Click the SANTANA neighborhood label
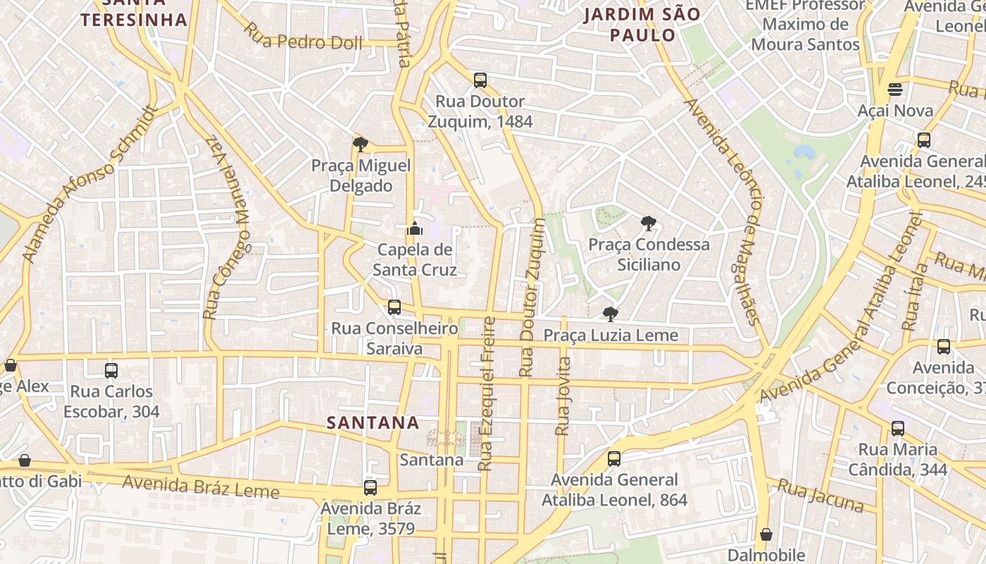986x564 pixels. point(373,422)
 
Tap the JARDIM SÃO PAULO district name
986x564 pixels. point(642,25)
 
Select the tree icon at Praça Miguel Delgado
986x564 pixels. point(361,145)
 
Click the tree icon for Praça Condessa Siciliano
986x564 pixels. point(648,223)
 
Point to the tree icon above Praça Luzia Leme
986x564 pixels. point(611,314)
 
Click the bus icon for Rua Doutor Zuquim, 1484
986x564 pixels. point(480,80)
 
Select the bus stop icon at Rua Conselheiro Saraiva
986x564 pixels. point(394,307)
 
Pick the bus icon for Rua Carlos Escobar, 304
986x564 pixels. point(111,370)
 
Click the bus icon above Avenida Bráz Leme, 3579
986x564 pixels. point(370,487)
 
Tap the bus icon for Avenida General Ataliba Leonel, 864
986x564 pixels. point(614,459)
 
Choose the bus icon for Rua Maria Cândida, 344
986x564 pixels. point(898,428)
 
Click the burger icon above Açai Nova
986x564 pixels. point(895,90)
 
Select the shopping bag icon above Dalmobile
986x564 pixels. point(766,534)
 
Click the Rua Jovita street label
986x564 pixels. point(563,396)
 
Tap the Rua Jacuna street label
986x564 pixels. point(820,495)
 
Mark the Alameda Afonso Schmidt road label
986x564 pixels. point(88,185)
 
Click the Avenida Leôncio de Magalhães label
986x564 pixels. point(724,211)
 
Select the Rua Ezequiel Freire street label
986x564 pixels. point(487,393)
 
